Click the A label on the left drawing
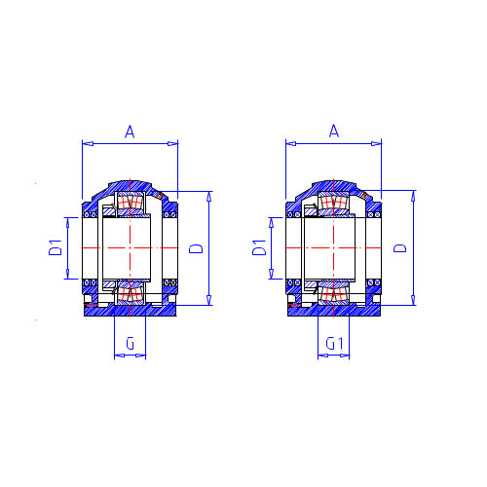point(130,132)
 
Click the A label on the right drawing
point(334,131)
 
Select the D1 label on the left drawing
point(56,247)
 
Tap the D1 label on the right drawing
point(259,247)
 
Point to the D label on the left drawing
point(196,248)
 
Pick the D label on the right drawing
point(400,248)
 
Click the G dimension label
point(130,343)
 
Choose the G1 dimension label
point(334,344)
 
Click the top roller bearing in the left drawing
point(130,202)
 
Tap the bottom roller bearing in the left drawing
point(130,294)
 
